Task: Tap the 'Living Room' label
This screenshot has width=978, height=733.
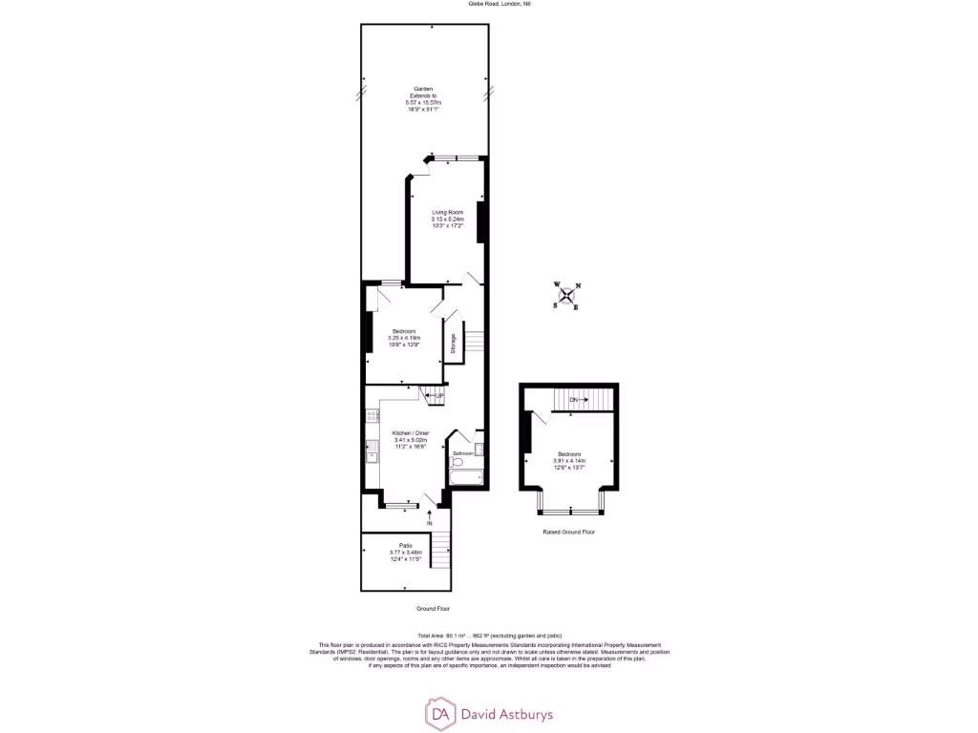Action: (x=447, y=212)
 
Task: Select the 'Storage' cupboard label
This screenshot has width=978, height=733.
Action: (x=453, y=343)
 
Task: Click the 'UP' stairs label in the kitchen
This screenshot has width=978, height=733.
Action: (x=440, y=395)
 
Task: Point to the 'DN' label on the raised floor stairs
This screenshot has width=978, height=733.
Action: (x=573, y=399)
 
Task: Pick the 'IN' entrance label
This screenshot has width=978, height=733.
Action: (x=430, y=524)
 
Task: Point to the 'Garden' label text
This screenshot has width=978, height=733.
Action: (x=423, y=89)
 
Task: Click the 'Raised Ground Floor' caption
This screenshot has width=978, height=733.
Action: (x=567, y=532)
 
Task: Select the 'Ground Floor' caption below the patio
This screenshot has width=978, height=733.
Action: (x=433, y=608)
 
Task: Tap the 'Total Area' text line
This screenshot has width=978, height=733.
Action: (x=489, y=636)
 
